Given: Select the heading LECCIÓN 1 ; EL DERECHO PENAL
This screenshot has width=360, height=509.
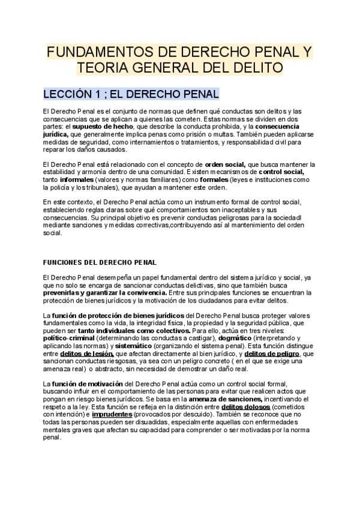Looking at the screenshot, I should pos(131,95).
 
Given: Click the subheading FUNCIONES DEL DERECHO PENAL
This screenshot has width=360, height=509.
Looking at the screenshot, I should pos(100,262).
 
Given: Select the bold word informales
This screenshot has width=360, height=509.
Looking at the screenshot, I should pos(77,179).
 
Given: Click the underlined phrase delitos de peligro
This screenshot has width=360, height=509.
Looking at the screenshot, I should pos(270,354).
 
